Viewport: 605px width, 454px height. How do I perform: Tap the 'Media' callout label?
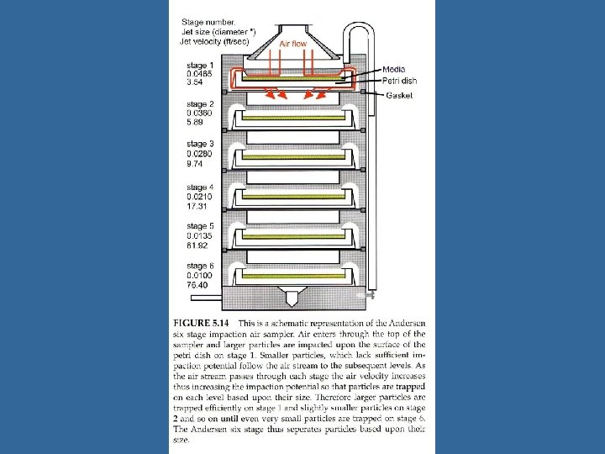pos(395,69)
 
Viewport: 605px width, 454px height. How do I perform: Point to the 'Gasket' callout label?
pos(398,96)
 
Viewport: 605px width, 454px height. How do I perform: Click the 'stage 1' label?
pos(200,65)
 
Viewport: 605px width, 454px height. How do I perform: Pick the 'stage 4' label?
pos(200,187)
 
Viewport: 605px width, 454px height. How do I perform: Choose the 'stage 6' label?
pos(200,267)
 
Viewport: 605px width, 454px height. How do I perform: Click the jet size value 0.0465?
pos(200,74)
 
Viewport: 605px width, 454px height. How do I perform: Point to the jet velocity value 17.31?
pos(197,205)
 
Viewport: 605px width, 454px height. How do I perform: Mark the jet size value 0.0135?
pos(200,236)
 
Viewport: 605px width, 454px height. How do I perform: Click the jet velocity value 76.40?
pos(197,285)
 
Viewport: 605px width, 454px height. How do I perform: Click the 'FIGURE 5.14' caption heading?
pos(203,322)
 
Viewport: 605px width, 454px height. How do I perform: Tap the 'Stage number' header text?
pos(208,22)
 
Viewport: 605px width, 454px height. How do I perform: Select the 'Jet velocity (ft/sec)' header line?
pos(218,40)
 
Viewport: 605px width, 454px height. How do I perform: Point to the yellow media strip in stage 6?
pos(290,276)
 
